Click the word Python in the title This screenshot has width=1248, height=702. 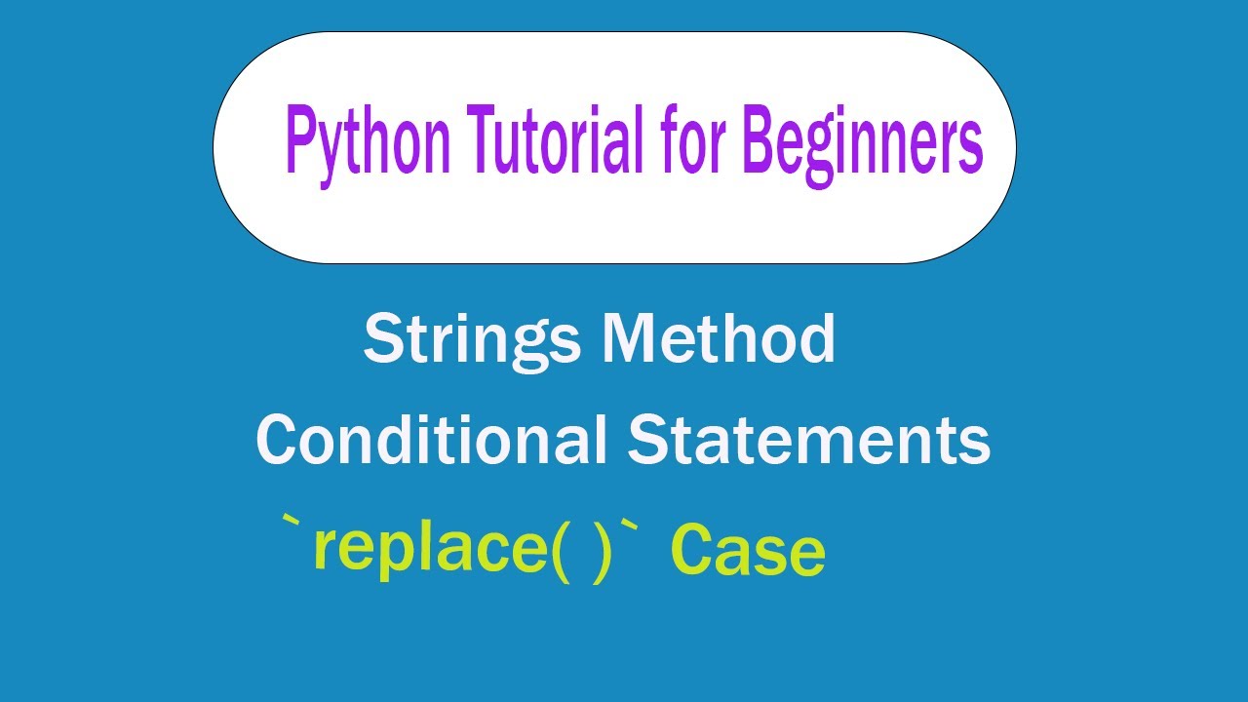368,145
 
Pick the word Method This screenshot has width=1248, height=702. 719,338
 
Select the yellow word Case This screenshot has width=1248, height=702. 748,551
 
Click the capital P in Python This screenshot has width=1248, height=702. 301,141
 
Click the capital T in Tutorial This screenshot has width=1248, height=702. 483,141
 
